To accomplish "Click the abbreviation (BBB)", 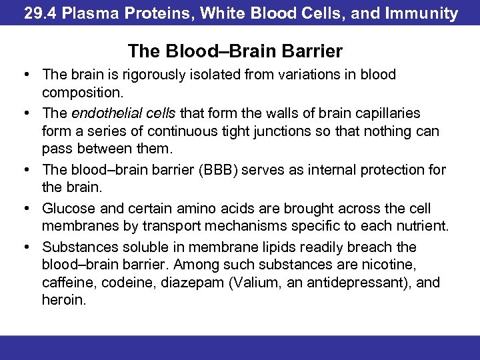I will (217, 170).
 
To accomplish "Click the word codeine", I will (129, 283).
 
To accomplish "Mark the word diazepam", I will (193, 283).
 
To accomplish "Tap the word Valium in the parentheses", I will (254, 283).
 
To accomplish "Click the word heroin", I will (63, 301).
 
